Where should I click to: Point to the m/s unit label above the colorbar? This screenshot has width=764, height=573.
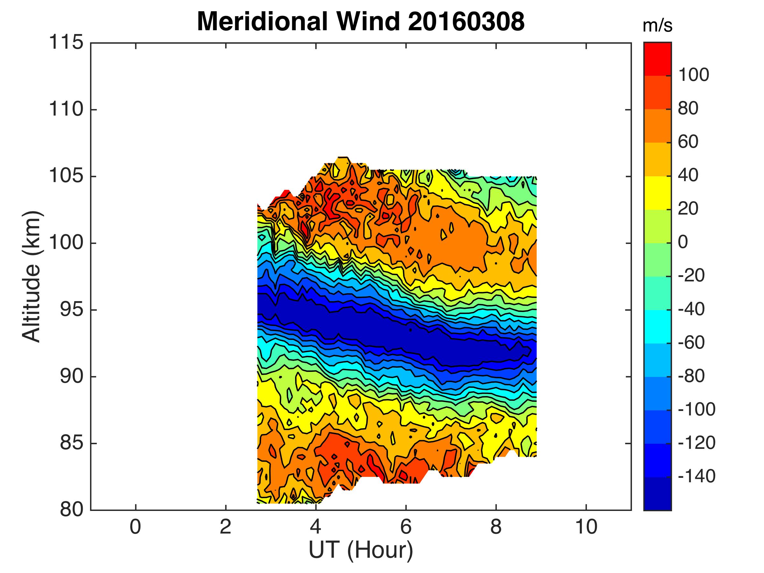[657, 26]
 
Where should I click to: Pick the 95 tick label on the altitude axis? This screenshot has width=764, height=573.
[71, 310]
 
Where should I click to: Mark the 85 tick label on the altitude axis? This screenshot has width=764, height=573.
[71, 443]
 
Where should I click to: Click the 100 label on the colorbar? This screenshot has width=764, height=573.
[694, 74]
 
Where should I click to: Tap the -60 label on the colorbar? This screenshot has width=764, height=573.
[691, 343]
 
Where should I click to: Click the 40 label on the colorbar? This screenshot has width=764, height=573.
[688, 175]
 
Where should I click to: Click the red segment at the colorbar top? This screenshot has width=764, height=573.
[657, 59]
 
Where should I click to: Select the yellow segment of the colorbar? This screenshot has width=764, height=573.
[657, 193]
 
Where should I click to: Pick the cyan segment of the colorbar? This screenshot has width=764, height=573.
[657, 326]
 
